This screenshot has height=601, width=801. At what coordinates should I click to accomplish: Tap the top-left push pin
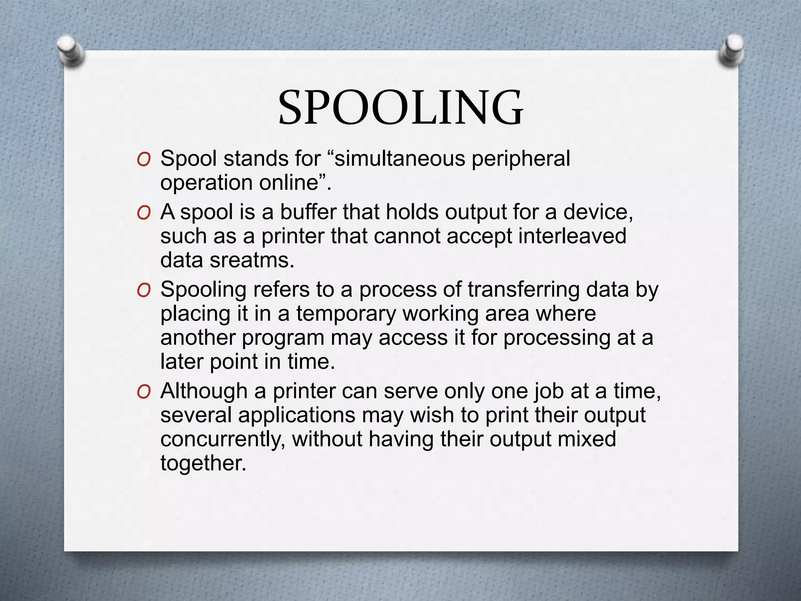click(70, 51)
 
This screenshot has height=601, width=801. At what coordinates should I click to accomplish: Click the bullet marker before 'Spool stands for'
click(144, 160)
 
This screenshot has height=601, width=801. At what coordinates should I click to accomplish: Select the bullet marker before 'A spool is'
click(144, 213)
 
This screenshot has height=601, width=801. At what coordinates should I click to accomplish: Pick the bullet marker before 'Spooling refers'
click(144, 291)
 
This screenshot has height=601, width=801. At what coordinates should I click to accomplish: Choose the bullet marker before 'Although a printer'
click(144, 392)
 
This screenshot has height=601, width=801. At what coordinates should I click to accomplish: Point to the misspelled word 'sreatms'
click(251, 260)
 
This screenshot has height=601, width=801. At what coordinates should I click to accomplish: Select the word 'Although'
click(204, 391)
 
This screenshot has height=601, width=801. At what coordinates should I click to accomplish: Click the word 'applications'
click(297, 416)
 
